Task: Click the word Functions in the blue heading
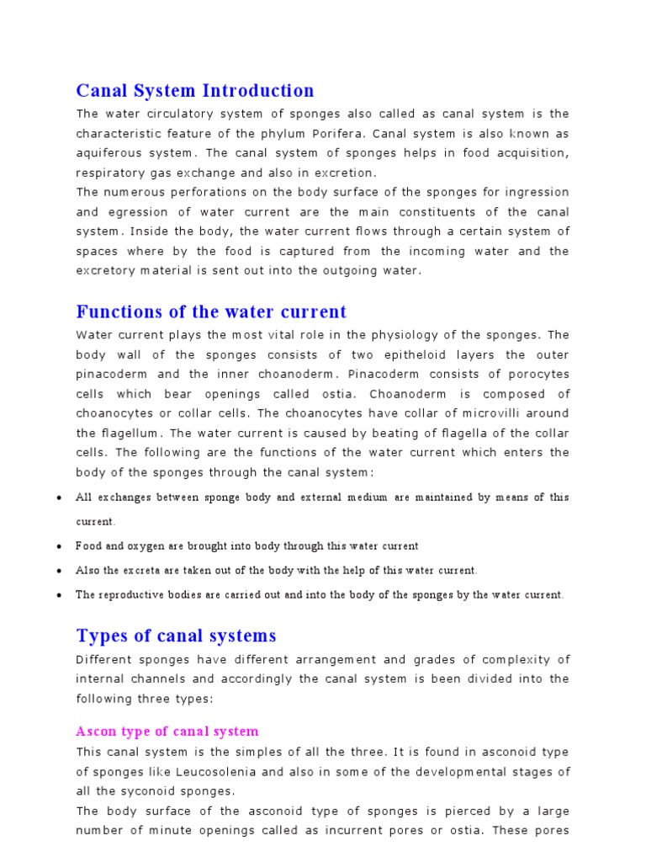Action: coord(114,312)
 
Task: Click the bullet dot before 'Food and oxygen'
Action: coord(58,546)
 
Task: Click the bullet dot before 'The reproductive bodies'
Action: coord(58,595)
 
